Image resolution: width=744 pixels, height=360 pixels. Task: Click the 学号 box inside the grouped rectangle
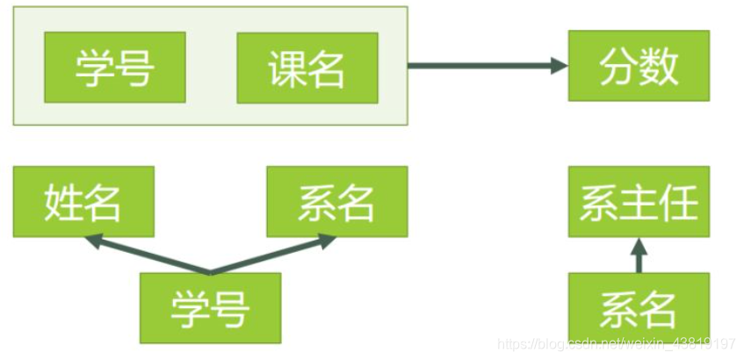[115, 68]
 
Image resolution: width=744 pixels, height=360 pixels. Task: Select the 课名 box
[307, 68]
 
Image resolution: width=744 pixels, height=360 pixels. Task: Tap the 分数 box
[639, 66]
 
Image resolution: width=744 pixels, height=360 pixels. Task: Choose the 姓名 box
[83, 202]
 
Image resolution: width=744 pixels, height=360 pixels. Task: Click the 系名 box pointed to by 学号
[336, 202]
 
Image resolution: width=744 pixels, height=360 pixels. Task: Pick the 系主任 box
[639, 202]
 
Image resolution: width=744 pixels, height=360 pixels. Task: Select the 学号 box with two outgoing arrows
[211, 307]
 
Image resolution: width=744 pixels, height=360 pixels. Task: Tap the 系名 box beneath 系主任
[639, 307]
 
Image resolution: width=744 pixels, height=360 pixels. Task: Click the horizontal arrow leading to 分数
[483, 65]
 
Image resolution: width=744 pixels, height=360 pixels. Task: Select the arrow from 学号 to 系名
[272, 255]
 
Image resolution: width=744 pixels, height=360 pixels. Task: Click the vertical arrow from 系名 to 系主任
[639, 256]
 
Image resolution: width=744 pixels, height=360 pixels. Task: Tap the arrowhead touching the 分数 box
[558, 65]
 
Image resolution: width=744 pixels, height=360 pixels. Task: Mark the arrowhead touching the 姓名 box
[91, 240]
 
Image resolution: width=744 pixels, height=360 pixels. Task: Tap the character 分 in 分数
[618, 66]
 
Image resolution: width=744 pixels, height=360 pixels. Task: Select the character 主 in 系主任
[639, 202]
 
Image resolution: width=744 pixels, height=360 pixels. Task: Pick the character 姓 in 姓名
[62, 202]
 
